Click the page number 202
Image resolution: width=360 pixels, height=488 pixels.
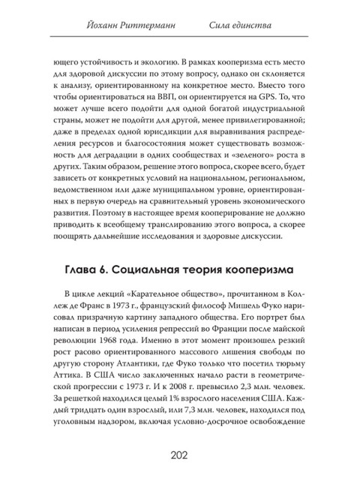pos(180,455)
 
